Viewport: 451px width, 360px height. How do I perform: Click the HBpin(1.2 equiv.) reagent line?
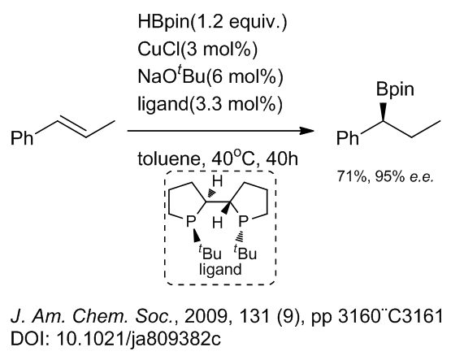click(212, 22)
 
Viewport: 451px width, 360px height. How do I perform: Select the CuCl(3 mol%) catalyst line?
click(197, 49)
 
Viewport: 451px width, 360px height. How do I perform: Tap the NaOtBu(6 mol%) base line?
click(210, 76)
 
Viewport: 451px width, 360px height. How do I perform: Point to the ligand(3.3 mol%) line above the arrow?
click(210, 103)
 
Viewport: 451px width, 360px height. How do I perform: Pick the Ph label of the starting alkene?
click(22, 138)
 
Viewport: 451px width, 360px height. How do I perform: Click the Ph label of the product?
click(348, 138)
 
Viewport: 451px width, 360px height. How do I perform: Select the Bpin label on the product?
click(395, 89)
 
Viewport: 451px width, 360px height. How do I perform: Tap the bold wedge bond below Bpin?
click(383, 111)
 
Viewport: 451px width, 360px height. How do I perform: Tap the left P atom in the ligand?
click(191, 221)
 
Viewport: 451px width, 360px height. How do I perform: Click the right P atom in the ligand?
click(243, 221)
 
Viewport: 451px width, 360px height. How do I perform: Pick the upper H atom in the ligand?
click(217, 181)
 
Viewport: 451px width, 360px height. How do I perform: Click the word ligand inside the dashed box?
click(220, 270)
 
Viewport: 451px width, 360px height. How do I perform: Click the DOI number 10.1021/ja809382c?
click(139, 339)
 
